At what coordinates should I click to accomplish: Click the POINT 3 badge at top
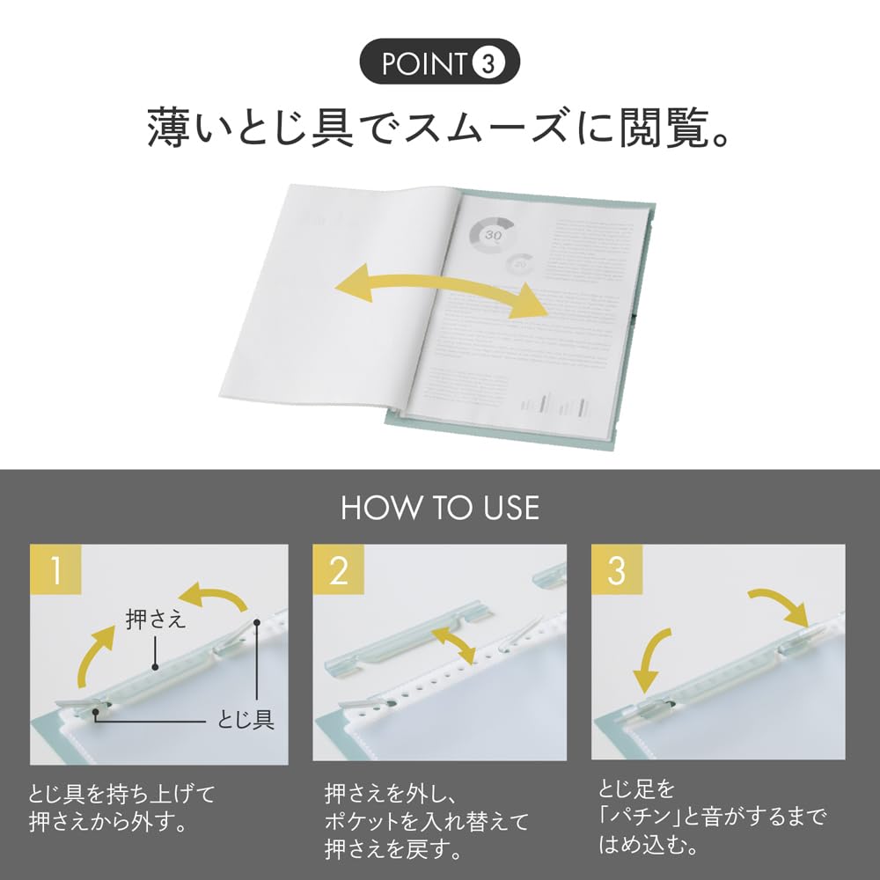click(x=439, y=65)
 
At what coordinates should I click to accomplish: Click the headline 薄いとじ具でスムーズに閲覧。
click(x=439, y=128)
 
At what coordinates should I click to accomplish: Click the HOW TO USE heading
click(x=439, y=508)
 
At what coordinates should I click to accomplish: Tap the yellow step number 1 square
click(x=56, y=571)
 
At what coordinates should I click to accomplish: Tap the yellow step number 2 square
click(x=339, y=571)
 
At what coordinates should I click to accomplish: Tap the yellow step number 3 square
click(x=617, y=571)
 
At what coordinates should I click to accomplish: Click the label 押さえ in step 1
click(x=156, y=620)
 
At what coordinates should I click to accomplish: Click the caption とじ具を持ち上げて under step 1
click(x=123, y=795)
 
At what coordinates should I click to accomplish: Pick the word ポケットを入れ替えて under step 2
click(x=427, y=823)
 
